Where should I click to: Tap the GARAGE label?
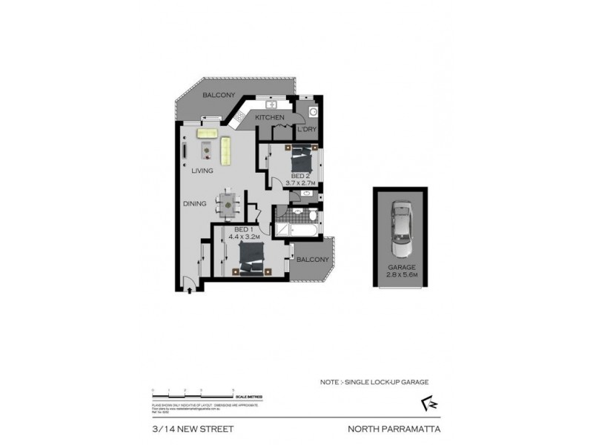tap(400, 267)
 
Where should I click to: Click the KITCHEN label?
tap(270, 118)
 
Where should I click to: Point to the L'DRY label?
tap(307, 131)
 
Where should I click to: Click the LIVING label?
tap(202, 171)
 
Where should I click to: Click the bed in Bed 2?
tap(300, 158)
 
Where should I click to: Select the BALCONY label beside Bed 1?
tap(312, 260)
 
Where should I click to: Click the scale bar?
tap(193, 393)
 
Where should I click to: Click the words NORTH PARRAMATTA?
tap(388, 429)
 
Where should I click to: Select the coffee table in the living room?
tap(208, 151)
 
